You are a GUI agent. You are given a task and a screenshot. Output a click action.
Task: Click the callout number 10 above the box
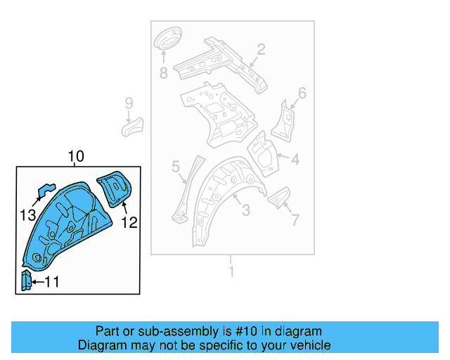[76, 156]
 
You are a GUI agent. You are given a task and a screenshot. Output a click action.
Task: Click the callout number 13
[27, 214]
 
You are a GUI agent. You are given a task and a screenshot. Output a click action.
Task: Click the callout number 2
[260, 49]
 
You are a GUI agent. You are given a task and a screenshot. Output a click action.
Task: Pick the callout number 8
[163, 72]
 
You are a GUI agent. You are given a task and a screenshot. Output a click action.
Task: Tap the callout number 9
[129, 103]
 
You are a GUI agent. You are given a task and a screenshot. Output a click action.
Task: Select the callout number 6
[302, 93]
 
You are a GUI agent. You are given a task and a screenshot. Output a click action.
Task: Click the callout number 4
[295, 160]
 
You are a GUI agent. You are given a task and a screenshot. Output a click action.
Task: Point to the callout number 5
[176, 167]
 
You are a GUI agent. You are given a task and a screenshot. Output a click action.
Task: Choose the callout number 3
[245, 210]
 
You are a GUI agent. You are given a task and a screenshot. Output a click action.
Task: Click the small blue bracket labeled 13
[46, 190]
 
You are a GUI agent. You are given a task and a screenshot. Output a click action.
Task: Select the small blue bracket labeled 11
[26, 281]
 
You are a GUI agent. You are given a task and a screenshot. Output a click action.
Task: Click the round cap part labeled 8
[167, 39]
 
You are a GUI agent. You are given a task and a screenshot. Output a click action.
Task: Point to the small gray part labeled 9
[133, 126]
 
